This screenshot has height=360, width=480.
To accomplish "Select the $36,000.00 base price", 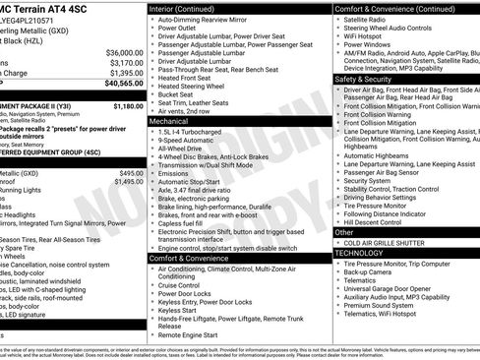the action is tap(124, 51).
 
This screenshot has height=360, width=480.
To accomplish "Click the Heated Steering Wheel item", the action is tap(198, 87).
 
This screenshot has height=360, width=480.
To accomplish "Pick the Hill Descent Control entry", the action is tap(379, 221).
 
